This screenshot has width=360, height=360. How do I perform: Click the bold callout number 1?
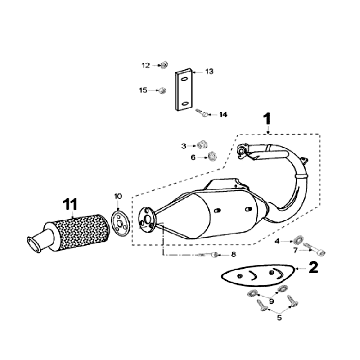(267, 119)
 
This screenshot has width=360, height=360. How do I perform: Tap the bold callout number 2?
(313, 267)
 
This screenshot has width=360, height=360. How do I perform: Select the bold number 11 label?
(70, 204)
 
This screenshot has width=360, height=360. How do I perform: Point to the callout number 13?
(209, 71)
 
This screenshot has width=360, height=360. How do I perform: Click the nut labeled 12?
(164, 65)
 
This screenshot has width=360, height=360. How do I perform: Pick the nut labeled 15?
(162, 90)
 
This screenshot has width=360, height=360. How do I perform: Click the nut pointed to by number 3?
(201, 145)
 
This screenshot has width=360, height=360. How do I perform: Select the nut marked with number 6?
(211, 156)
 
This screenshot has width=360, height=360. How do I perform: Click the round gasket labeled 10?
(119, 222)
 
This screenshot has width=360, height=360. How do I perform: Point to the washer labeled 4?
(298, 240)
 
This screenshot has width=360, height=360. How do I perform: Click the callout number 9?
(271, 302)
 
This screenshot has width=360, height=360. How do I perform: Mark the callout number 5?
(279, 318)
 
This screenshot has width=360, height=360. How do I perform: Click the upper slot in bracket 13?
(184, 79)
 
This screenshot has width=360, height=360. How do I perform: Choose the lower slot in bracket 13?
(184, 104)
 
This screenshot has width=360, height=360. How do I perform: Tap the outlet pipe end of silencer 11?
(35, 243)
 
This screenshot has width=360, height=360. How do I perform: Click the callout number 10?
(118, 196)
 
